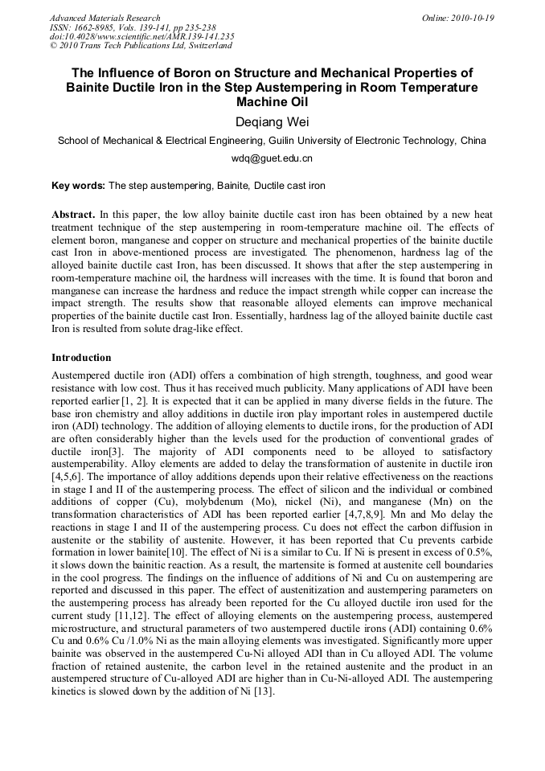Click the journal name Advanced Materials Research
pyautogui.click(x=105, y=18)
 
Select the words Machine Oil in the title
pyautogui.click(x=272, y=102)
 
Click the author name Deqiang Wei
pyautogui.click(x=272, y=121)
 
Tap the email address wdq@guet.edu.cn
pyautogui.click(x=272, y=158)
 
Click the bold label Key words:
pyautogui.click(x=78, y=186)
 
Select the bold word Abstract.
pyautogui.click(x=73, y=216)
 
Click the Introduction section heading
pyautogui.click(x=81, y=358)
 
